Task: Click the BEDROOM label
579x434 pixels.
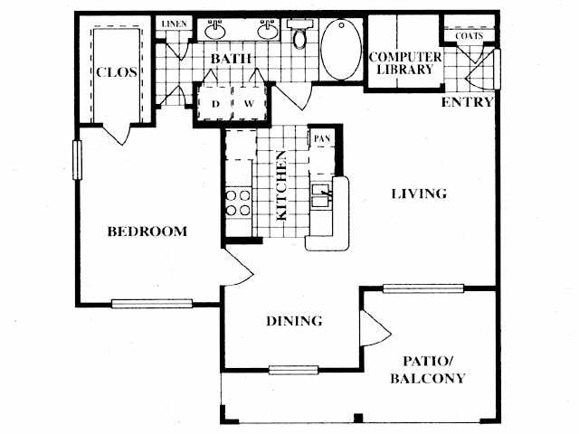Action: point(147,231)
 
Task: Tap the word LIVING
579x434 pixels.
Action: point(419,193)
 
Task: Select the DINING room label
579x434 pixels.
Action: point(295,321)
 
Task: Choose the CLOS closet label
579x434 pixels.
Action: point(117,72)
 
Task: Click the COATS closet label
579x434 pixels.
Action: point(469,36)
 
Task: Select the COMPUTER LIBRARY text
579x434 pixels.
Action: point(404,63)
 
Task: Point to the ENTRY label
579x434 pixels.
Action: point(467,102)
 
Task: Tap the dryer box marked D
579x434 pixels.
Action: point(215,103)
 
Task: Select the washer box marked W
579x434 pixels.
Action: point(248,103)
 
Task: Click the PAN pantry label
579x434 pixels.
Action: point(320,138)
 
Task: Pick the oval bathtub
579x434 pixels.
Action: point(339,50)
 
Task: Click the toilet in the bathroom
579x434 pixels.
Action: point(299,35)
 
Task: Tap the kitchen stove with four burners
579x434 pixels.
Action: point(238,203)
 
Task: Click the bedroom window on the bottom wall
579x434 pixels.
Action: point(152,303)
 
